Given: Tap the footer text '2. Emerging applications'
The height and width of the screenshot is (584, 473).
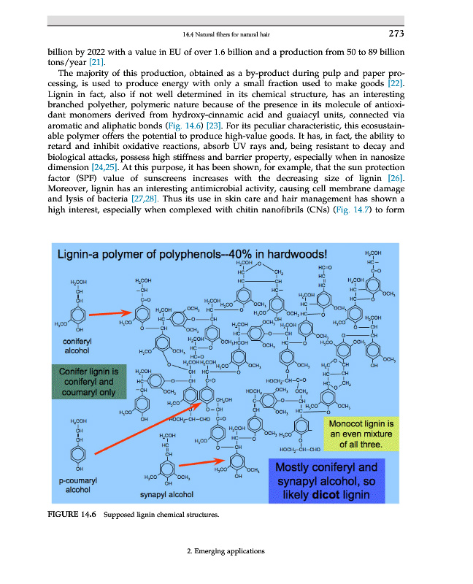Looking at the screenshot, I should coord(225,550).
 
